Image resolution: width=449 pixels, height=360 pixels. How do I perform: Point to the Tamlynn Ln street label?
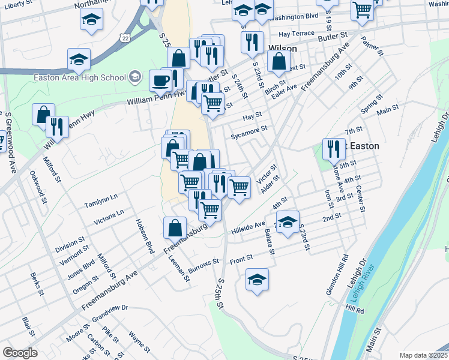[101, 197]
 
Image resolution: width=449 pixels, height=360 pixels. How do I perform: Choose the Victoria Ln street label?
[109, 217]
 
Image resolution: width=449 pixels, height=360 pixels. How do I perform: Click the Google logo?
[20, 353]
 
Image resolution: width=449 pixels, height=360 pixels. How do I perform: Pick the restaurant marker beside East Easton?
[334, 149]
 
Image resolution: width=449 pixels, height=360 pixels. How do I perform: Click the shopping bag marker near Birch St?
[279, 61]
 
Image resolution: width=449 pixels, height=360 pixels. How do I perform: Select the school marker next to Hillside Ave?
[288, 221]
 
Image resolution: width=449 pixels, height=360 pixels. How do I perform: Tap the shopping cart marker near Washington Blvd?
[363, 10]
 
